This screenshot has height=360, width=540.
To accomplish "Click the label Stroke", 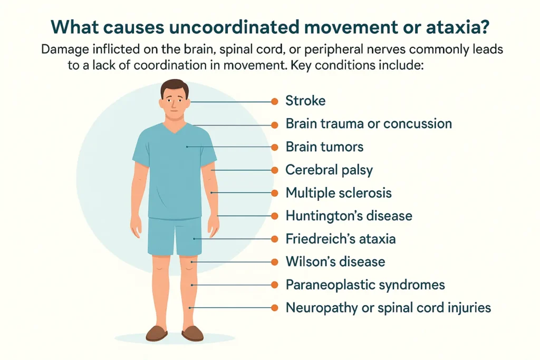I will [305, 101].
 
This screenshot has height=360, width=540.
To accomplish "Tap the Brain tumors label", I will [324, 147].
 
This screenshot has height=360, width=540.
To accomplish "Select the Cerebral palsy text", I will [329, 170].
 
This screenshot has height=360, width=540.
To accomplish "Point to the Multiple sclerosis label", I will [339, 193].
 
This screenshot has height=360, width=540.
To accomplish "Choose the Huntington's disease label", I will [349, 216].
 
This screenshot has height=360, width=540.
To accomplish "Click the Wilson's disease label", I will [335, 261].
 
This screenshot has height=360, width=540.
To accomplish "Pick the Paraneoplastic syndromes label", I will [365, 285].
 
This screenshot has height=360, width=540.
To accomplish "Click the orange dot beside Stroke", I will [274, 101].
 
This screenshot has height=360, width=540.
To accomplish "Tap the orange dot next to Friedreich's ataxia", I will [274, 239].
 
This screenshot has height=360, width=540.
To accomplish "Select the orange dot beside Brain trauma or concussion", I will [274, 124].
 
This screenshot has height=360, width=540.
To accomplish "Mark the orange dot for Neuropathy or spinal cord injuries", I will [274, 307].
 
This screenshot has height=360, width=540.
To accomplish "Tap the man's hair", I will [174, 86].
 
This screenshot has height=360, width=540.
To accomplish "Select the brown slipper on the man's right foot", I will [157, 333].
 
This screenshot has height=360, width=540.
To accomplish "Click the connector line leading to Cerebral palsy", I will [243, 170].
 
